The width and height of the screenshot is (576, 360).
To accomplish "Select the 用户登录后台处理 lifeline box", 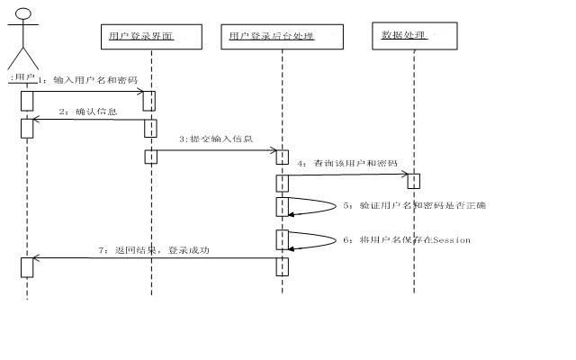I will point(282,36).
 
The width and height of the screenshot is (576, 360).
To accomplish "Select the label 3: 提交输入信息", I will point(216,139).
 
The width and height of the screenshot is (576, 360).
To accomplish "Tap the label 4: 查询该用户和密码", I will point(348,164).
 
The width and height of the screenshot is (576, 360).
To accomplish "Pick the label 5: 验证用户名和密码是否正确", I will point(414,206).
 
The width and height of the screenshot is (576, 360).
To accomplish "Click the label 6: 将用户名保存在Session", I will point(406,240).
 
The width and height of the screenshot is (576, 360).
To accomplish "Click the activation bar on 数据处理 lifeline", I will point(414,180).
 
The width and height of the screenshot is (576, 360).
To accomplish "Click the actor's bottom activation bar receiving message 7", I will point(27,266).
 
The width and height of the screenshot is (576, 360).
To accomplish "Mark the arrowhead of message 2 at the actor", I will point(37,120).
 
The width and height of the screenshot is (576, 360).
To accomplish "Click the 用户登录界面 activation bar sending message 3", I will point(151,156).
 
